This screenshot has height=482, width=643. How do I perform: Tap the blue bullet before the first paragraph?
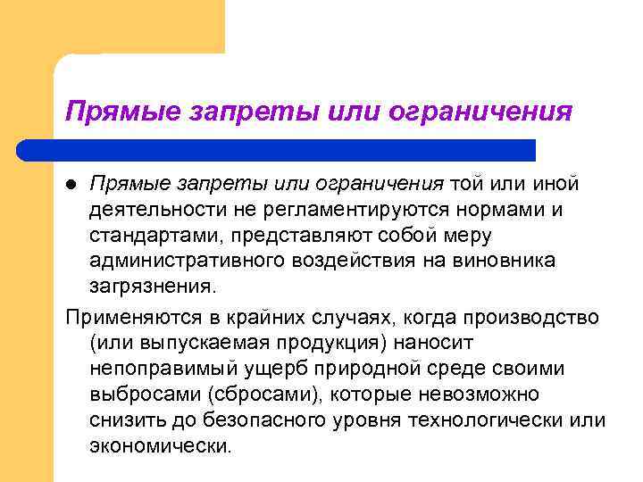pyautogui.click(x=74, y=184)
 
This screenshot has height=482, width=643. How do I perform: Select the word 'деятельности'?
pyautogui.click(x=153, y=209)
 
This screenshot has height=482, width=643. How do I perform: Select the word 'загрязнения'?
pyautogui.click(x=150, y=287)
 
